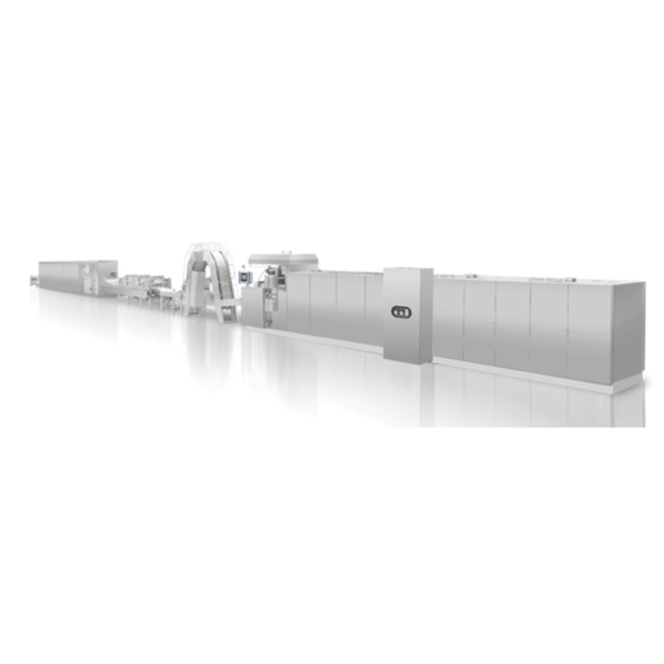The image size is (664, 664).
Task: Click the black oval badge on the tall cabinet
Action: [401, 312]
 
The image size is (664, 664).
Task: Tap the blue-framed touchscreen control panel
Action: [243, 277]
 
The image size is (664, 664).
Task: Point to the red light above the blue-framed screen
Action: [243, 266]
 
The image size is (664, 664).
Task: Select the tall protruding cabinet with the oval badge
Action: [408, 315]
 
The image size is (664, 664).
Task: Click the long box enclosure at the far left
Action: [77, 276]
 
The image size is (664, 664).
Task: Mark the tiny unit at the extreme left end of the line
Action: [34, 279]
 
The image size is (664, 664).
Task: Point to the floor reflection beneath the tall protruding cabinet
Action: [408, 395]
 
